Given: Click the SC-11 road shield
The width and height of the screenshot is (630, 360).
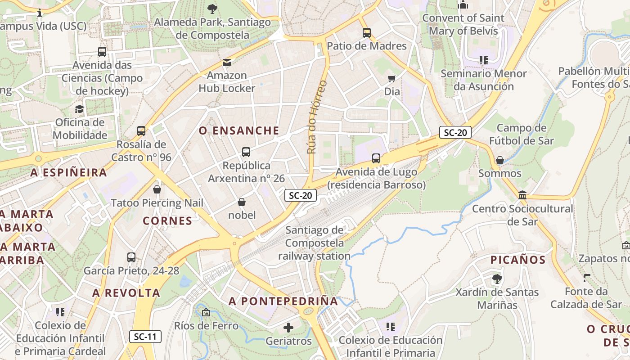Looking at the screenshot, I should click(x=145, y=336).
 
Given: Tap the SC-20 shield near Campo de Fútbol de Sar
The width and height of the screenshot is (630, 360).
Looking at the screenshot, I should click(x=455, y=132).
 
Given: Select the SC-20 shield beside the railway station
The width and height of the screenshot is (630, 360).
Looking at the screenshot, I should click(x=301, y=195).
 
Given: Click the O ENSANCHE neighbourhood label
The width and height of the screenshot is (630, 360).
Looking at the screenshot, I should click(x=239, y=131).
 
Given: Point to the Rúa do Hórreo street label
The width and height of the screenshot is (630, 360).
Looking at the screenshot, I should click(x=317, y=117).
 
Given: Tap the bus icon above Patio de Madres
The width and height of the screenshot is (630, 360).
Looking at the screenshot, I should click(x=367, y=32).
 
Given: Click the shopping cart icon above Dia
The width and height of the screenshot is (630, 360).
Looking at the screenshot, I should click(x=392, y=78).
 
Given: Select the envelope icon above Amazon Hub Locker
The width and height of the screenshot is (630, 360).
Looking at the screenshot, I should click(x=227, y=63).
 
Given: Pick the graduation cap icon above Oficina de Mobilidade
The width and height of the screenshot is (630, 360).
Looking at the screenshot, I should click(x=80, y=109).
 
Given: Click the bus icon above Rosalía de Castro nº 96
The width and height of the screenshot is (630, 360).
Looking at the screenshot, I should click(x=141, y=131).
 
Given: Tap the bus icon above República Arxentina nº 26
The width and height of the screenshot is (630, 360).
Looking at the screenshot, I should click(x=246, y=152).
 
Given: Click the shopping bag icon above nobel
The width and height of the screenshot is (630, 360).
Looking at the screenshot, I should click(x=242, y=202).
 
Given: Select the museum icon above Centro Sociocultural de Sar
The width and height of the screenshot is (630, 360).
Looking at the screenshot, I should click(x=522, y=195).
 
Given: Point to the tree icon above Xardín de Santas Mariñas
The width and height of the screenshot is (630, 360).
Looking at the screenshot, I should click(x=497, y=279).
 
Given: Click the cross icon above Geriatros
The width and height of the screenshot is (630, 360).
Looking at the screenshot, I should click(x=288, y=328).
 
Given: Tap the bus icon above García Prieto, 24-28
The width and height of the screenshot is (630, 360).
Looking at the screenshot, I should click(x=131, y=257).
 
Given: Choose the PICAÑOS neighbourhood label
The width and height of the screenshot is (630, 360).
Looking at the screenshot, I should click(x=517, y=260).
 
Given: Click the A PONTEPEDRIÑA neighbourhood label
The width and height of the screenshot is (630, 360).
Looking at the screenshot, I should click(x=283, y=301).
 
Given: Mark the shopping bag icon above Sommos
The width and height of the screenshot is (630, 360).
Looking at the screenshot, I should click(x=499, y=160).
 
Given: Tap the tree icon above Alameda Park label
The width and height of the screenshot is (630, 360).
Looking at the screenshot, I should click(x=212, y=9).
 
